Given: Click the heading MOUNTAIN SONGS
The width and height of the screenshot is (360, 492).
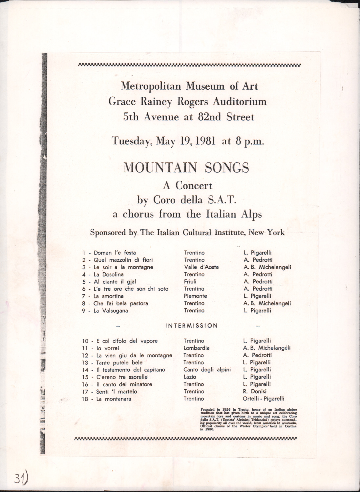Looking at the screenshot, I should click(186, 168).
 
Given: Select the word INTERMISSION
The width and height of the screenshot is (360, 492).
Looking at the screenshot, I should click(191, 326).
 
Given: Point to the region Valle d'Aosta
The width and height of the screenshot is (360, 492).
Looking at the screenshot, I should click(201, 267).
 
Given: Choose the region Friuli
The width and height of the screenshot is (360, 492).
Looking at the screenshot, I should click(190, 281).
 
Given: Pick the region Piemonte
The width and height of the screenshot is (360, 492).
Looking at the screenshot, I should click(195, 296).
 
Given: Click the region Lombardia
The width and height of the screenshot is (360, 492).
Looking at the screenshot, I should click(197, 348).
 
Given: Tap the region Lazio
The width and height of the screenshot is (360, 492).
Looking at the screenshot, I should click(190, 377).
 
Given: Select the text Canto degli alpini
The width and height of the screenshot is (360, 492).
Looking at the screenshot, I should click(207, 370).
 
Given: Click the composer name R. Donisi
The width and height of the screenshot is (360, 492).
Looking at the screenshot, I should click(255, 391).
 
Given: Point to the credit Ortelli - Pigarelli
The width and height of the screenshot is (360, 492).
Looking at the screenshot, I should click(263, 399).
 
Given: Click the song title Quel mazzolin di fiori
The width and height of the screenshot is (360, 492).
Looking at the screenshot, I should click(123, 260).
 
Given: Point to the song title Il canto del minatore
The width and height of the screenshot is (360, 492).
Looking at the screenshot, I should click(124, 384).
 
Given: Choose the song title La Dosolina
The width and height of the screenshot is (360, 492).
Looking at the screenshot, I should click(108, 274).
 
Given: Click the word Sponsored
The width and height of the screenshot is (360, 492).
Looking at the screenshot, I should click(108, 233).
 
